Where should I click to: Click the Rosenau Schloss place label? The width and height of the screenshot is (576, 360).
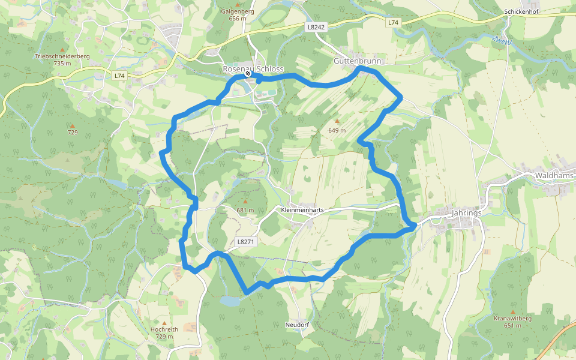click(x=253, y=68)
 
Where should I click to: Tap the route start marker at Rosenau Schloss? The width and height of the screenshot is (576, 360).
click(x=248, y=74)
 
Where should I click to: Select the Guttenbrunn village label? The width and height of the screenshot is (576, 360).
click(x=357, y=61)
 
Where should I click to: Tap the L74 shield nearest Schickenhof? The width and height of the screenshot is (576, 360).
click(x=393, y=22)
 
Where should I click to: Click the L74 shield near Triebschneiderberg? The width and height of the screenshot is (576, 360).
click(x=120, y=76)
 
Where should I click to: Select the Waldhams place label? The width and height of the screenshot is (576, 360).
click(x=555, y=176)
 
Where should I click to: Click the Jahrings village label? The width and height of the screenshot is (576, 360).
click(x=466, y=212)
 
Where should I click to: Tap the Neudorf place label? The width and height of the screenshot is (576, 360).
click(x=297, y=325)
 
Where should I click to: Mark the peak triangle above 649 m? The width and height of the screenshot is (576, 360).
click(x=337, y=121)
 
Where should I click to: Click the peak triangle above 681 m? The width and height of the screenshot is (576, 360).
click(x=245, y=202)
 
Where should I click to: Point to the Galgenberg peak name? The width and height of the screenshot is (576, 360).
click(x=238, y=11)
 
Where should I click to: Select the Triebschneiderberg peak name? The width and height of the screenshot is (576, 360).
click(x=62, y=56)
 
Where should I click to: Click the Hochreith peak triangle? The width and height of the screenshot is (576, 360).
click(x=164, y=322)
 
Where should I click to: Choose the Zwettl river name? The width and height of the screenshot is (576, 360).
click(x=502, y=41)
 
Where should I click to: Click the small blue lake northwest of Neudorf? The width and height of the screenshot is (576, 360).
click(x=230, y=301)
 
